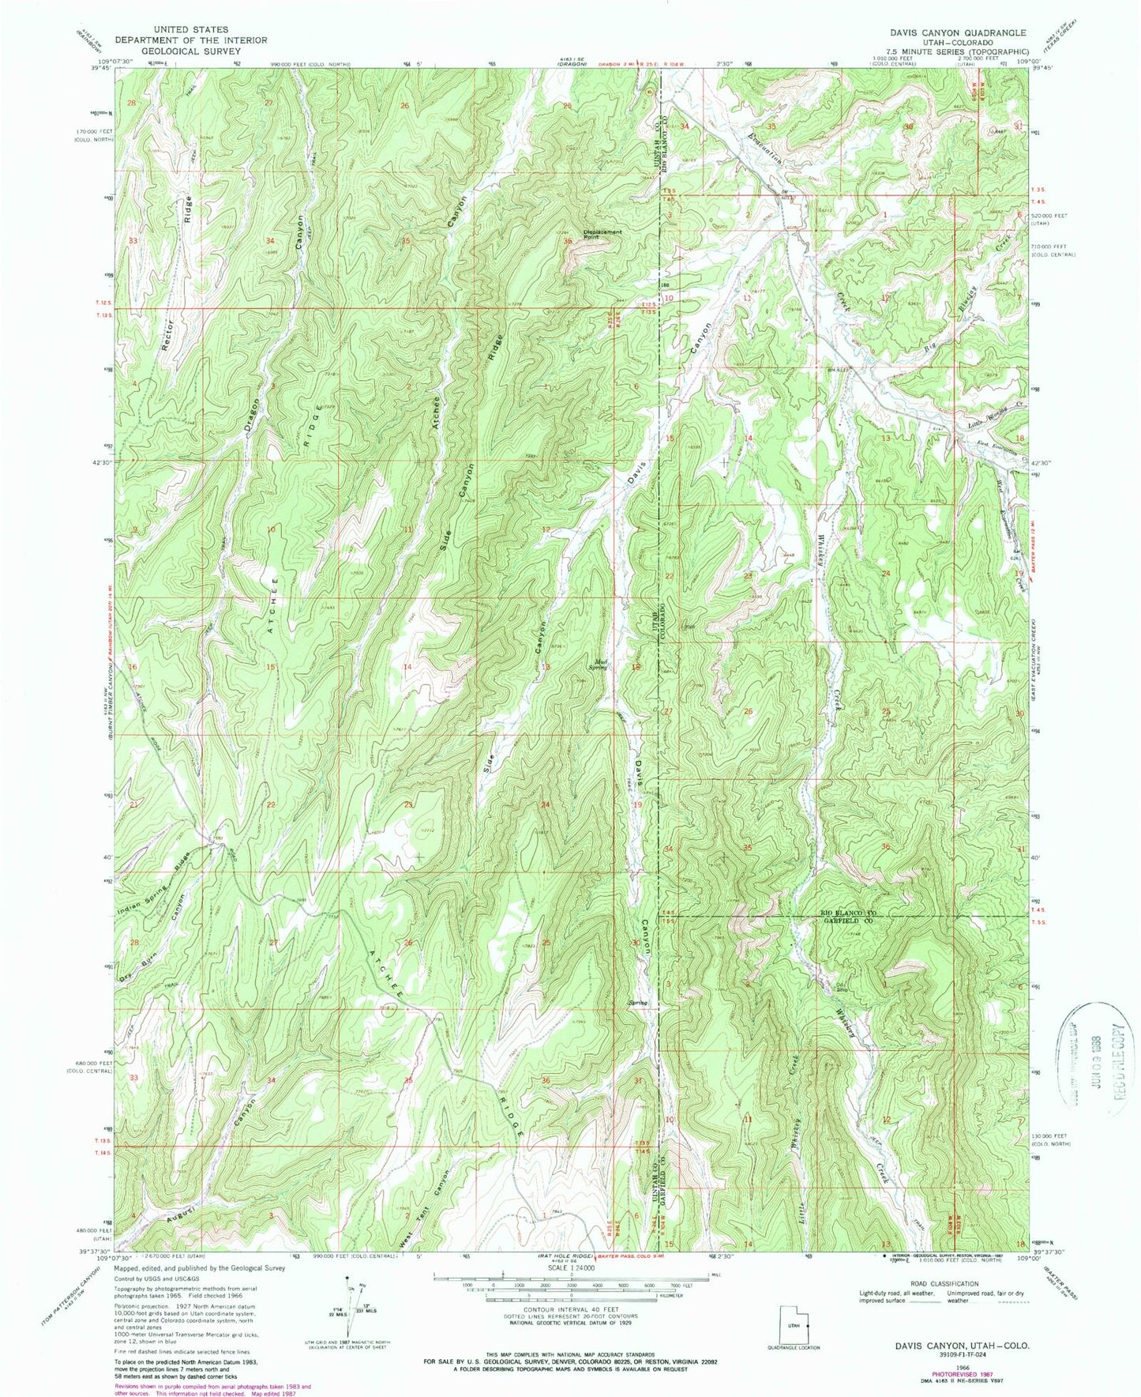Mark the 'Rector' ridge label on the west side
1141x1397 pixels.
[166, 335]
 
